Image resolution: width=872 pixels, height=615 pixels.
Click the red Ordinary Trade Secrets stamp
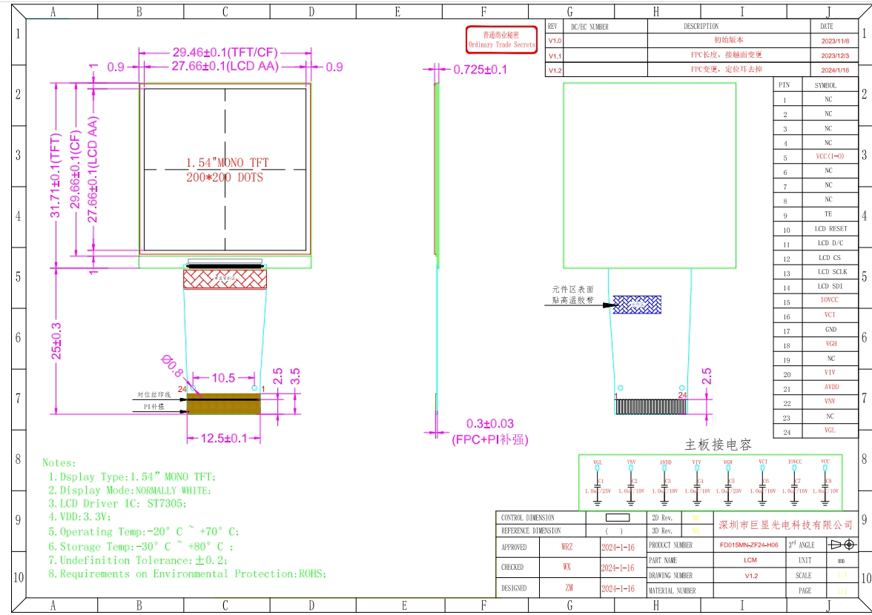click(x=501, y=40)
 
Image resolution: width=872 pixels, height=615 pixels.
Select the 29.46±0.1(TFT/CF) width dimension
click(x=224, y=53)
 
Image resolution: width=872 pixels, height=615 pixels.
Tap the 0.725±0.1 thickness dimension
click(x=480, y=69)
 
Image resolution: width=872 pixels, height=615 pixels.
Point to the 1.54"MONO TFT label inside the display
click(x=227, y=162)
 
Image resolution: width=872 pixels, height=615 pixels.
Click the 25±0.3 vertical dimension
click(x=56, y=339)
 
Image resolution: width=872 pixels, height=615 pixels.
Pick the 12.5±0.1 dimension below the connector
click(x=224, y=439)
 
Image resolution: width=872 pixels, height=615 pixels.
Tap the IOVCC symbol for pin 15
click(x=828, y=301)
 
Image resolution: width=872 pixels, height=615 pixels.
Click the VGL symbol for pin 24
click(x=828, y=430)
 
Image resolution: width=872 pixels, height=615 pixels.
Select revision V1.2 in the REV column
click(x=555, y=70)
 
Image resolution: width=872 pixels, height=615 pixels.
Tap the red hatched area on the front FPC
click(x=224, y=279)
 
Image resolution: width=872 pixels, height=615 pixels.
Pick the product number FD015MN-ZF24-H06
click(x=749, y=545)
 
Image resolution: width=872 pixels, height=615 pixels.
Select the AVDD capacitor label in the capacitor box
click(x=665, y=462)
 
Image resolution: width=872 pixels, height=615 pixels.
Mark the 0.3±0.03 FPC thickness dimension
click(x=489, y=424)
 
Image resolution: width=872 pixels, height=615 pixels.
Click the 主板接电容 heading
click(x=718, y=445)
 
